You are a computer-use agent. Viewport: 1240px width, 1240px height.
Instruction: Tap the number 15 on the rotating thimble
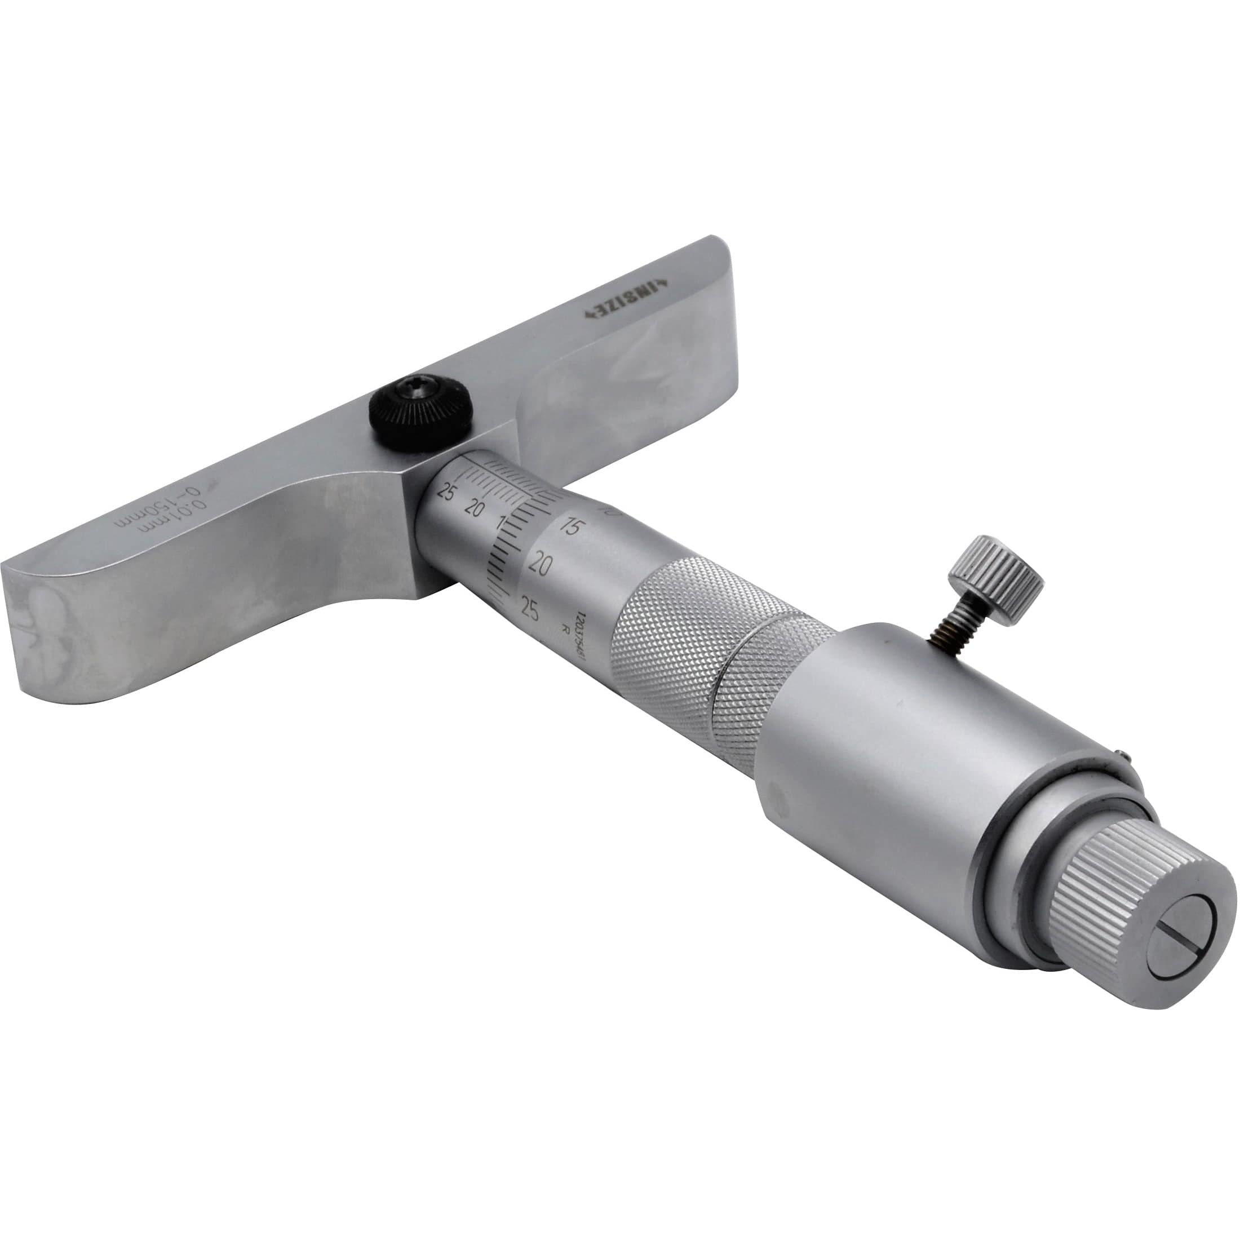569,528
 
